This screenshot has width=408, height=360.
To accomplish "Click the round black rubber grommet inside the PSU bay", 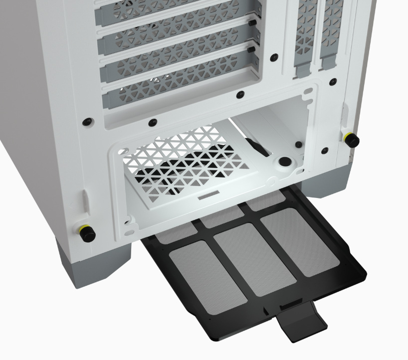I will pos(285,162).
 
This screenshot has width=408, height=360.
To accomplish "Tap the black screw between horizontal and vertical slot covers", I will pos(274,57).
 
